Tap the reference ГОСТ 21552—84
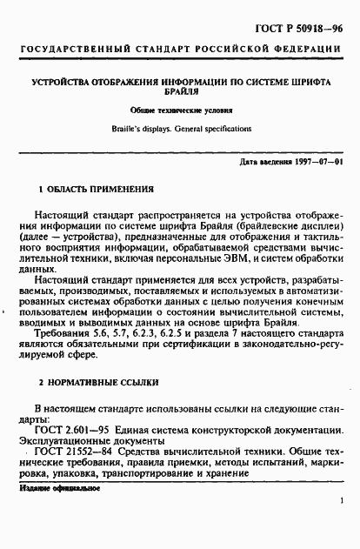[78, 454]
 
